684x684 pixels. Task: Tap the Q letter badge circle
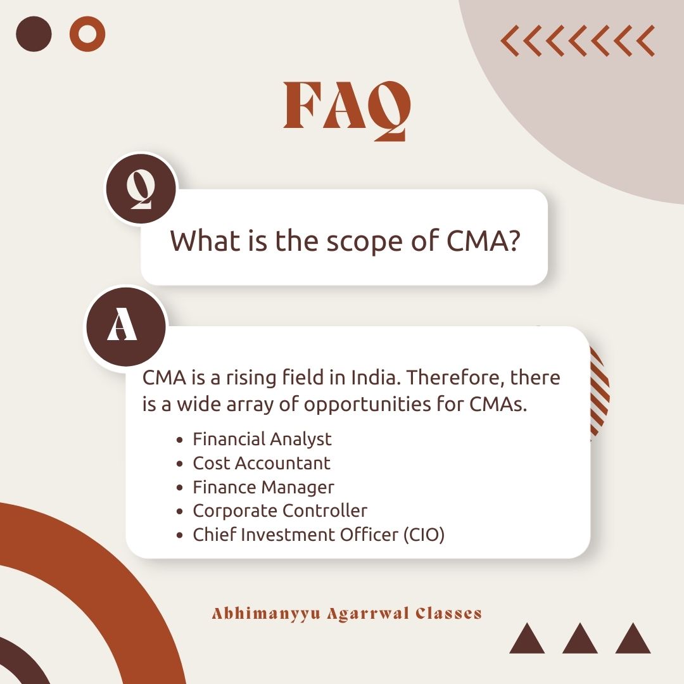point(141,189)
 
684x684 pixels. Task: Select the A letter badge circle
point(122,327)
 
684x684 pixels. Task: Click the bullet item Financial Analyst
point(262,439)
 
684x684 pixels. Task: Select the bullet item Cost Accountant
point(262,463)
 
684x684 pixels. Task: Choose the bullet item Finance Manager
point(263,487)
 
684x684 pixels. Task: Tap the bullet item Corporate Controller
point(280,510)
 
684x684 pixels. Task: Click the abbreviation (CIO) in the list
point(424,535)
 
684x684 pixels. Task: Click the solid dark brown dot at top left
point(34,34)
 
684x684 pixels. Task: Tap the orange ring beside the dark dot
point(87,34)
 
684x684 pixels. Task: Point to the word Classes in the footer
point(449,613)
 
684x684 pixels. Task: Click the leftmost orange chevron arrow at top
point(510,41)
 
